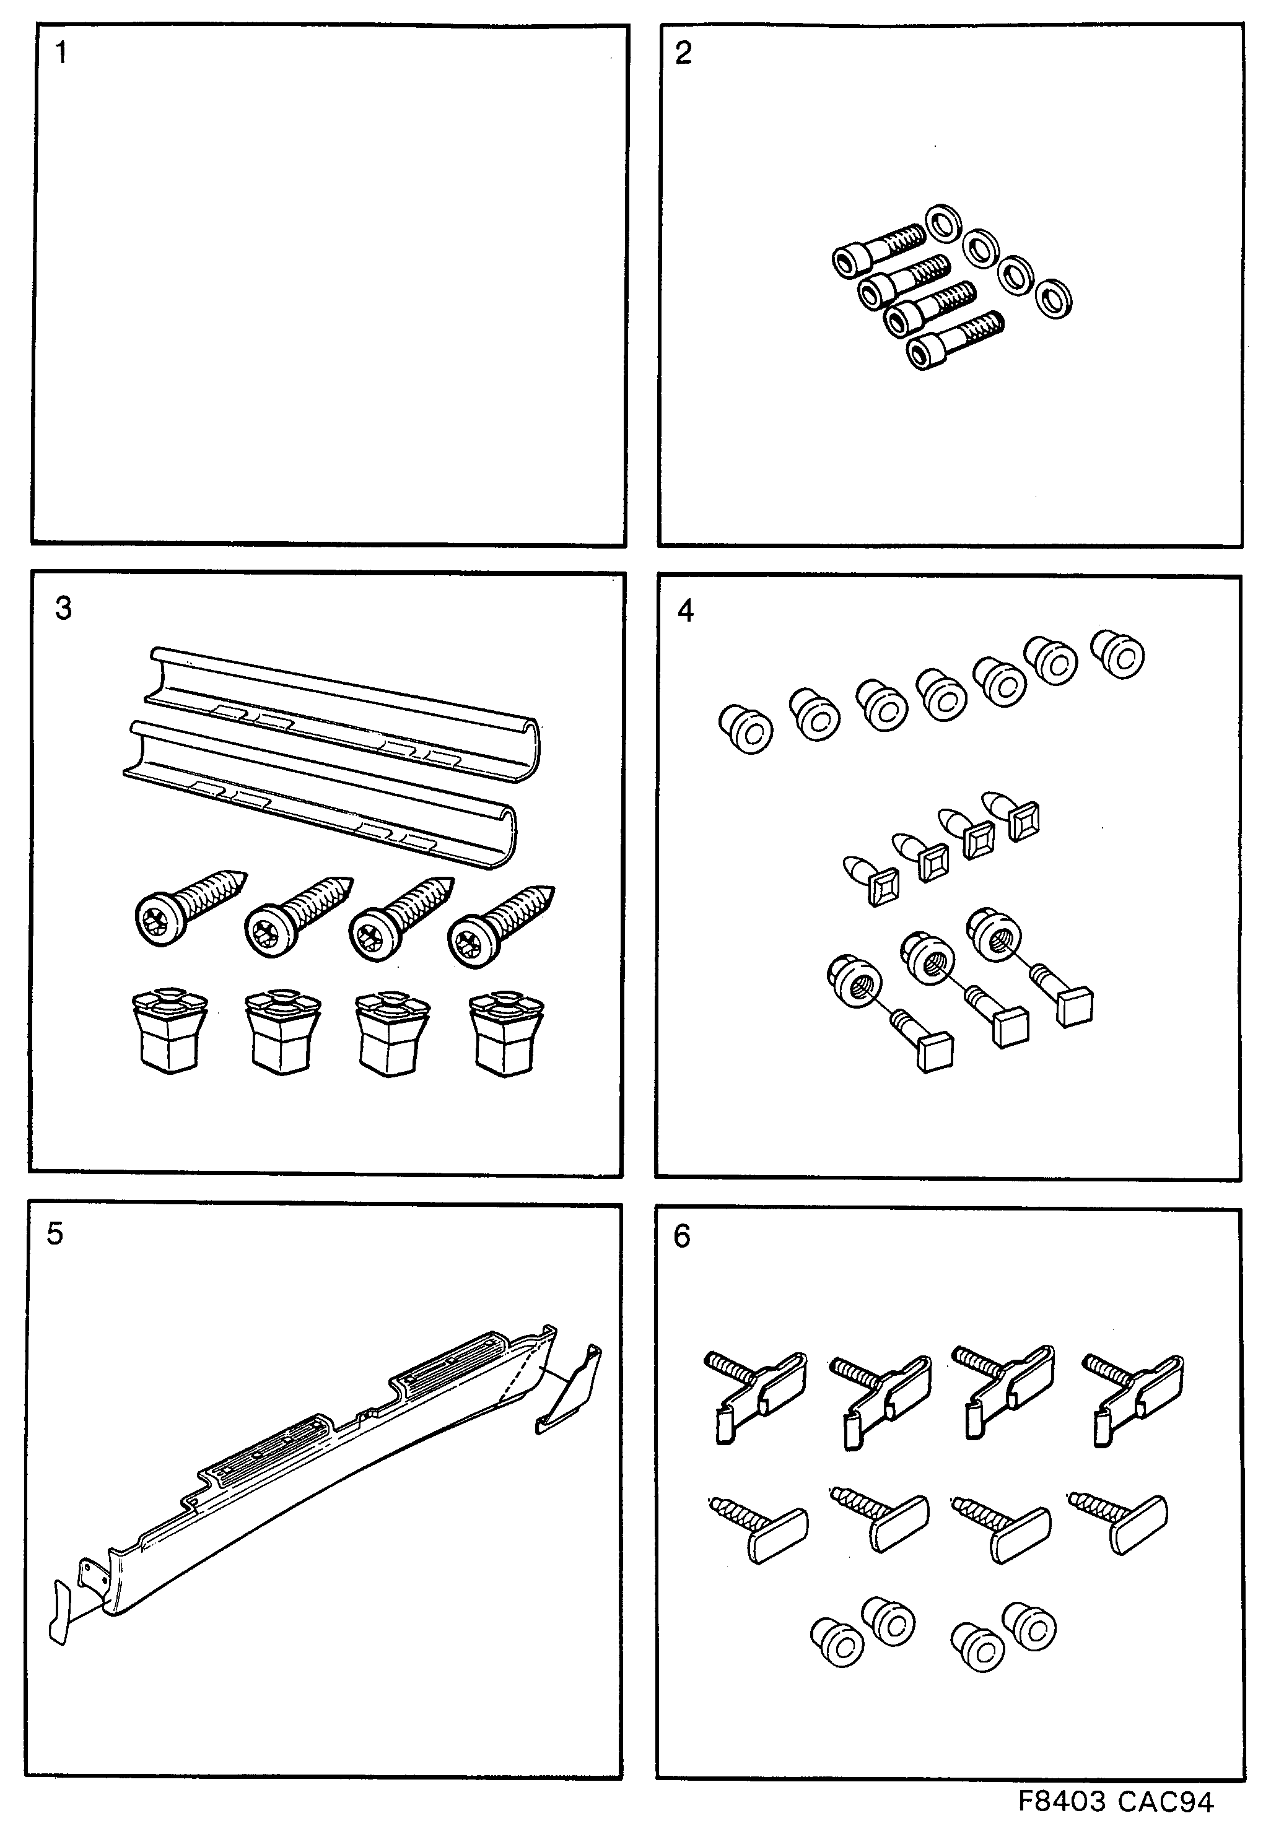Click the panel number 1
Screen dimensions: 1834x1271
61,53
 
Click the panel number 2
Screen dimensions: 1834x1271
683,53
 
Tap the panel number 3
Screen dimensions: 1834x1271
63,608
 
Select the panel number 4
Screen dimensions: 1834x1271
685,611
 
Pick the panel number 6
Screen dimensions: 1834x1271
682,1236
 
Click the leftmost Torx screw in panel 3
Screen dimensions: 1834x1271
187,908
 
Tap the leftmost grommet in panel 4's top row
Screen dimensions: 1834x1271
745,728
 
